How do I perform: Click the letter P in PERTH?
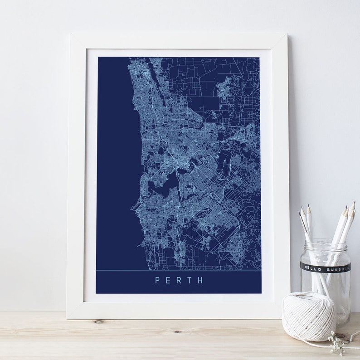(x=157, y=280)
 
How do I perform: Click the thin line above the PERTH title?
(x=178, y=270)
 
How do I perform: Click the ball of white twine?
(x=308, y=316)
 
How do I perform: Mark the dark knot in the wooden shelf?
(x=98, y=321)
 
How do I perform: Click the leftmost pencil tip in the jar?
(x=301, y=211)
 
